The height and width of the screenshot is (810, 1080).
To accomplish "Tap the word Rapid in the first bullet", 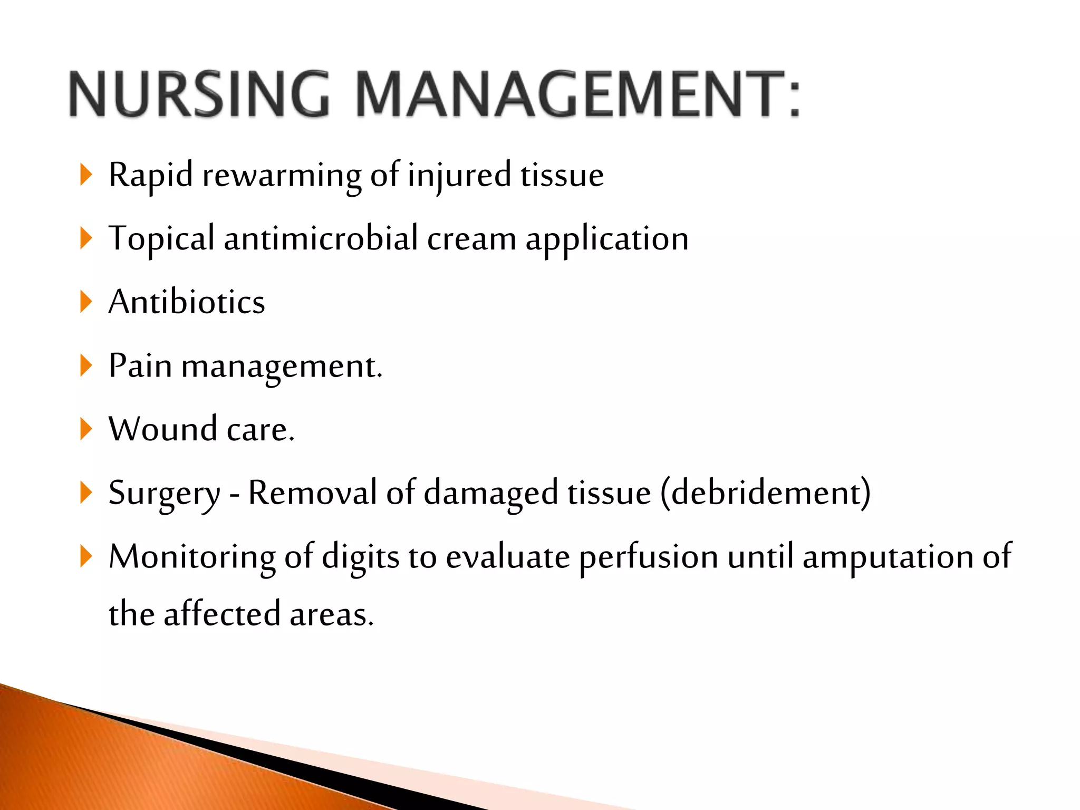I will point(151,175).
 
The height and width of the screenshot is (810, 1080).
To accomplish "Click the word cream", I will point(471,239).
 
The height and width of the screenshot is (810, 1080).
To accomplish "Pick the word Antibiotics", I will point(187,302).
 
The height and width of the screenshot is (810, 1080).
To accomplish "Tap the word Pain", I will point(140,365).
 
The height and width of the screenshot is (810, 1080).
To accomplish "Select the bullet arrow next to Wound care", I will point(86,429).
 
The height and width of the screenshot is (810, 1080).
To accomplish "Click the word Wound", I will point(163,429).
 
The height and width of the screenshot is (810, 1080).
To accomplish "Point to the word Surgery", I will point(165,494).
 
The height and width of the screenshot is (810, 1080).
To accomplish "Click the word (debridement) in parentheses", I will point(765,493).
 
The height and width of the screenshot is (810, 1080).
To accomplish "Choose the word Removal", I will point(312,493).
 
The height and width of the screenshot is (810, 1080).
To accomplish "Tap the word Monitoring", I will point(192,557).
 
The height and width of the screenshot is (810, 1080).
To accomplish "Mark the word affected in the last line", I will point(221,614).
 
